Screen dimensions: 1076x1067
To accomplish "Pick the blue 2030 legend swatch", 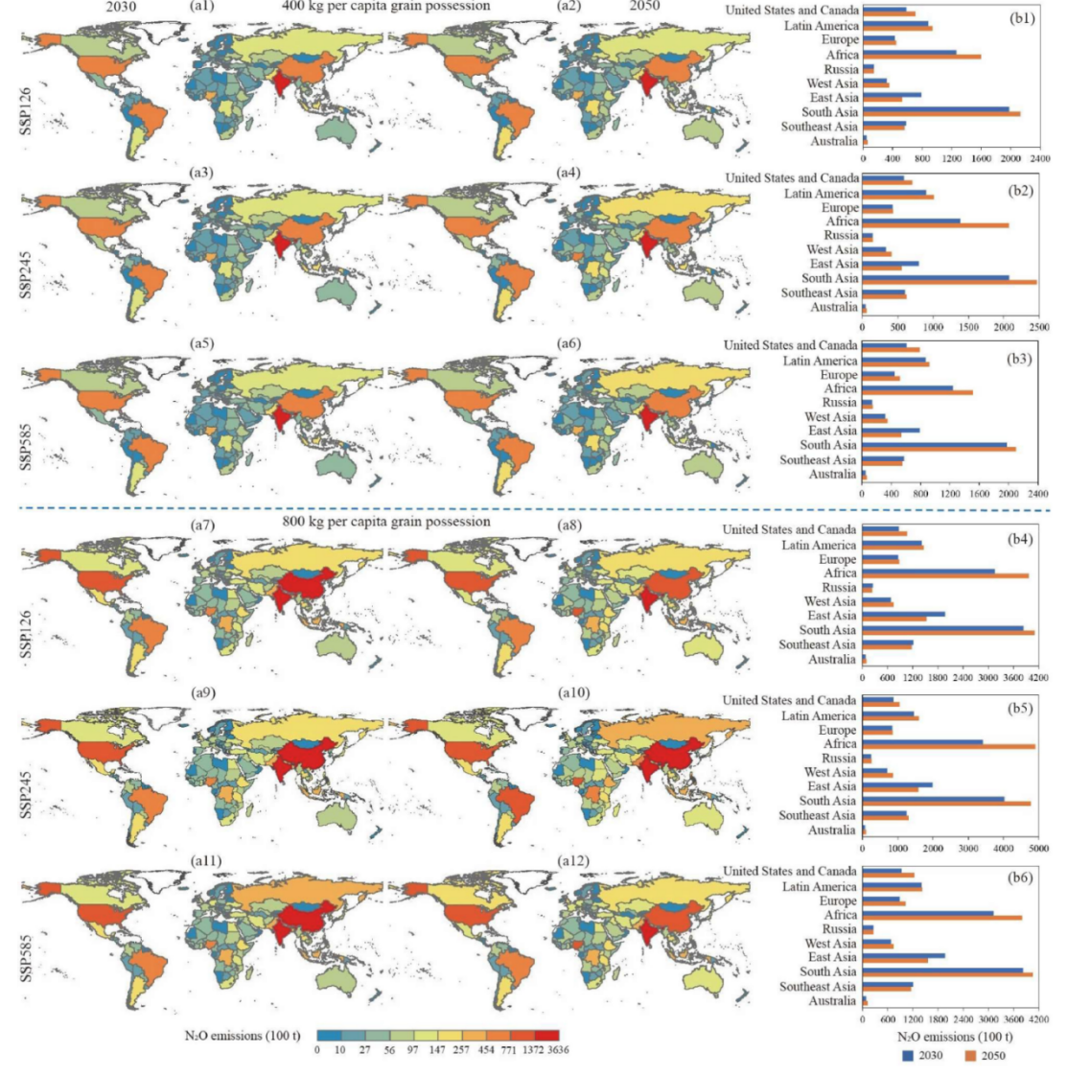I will pyautogui.click(x=908, y=1056).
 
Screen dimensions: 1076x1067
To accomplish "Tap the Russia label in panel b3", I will pyautogui.click(x=840, y=403).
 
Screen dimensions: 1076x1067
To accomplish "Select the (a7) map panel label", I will pyautogui.click(x=202, y=525).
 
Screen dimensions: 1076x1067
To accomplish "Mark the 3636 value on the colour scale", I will pyautogui.click(x=558, y=1049).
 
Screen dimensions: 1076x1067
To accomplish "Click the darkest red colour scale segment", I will pyautogui.click(x=546, y=1035).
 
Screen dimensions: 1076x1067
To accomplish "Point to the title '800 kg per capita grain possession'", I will pyautogui.click(x=386, y=522).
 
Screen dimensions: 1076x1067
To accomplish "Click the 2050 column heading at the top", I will pyautogui.click(x=644, y=6).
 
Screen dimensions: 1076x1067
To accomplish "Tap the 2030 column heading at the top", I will pyautogui.click(x=121, y=6).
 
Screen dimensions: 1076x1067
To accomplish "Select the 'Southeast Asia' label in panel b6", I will pyautogui.click(x=818, y=986).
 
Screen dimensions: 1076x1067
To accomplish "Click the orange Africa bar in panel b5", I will pyautogui.click(x=948, y=746).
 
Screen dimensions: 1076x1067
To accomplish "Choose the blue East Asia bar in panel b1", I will pyautogui.click(x=892, y=95).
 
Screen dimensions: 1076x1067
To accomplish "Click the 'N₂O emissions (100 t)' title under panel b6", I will pyautogui.click(x=955, y=1036).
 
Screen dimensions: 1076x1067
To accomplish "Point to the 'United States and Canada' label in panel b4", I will pyautogui.click(x=790, y=529).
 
